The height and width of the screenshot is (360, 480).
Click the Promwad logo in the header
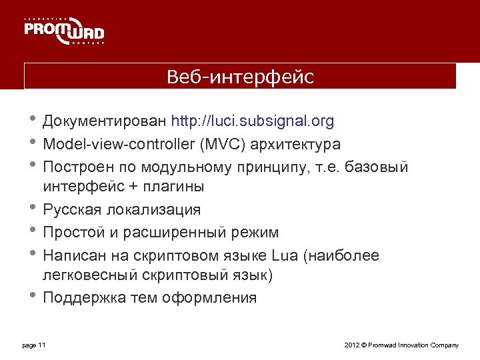pos(65,30)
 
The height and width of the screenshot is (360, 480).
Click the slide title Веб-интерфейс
pos(240,77)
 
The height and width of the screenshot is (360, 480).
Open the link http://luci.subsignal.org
pos(253,121)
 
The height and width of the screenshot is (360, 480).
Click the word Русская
pos(71,210)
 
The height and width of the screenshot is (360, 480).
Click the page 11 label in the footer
pos(33,345)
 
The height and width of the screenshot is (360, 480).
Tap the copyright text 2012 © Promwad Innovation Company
pos(401,345)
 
